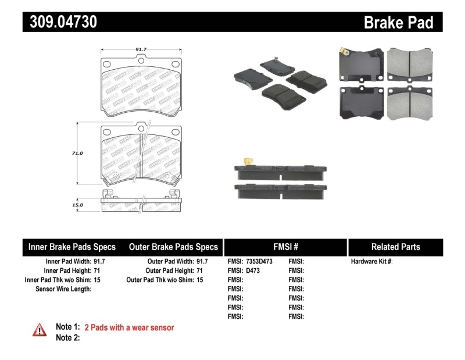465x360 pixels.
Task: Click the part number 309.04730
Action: point(60,22)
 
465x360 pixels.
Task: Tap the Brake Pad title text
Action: point(398,22)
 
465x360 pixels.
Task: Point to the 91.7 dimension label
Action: point(140,50)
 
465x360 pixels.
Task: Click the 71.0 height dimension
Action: point(78,153)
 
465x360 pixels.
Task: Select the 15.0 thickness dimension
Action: point(78,205)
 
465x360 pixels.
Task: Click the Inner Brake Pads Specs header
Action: point(72,247)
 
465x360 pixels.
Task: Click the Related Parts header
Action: point(395,247)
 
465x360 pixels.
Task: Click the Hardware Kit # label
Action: point(372,262)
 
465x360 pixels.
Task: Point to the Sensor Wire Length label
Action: point(63,288)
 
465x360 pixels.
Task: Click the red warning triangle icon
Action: point(39,330)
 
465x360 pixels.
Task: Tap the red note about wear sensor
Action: point(129,327)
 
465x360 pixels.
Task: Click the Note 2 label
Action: point(67,338)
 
